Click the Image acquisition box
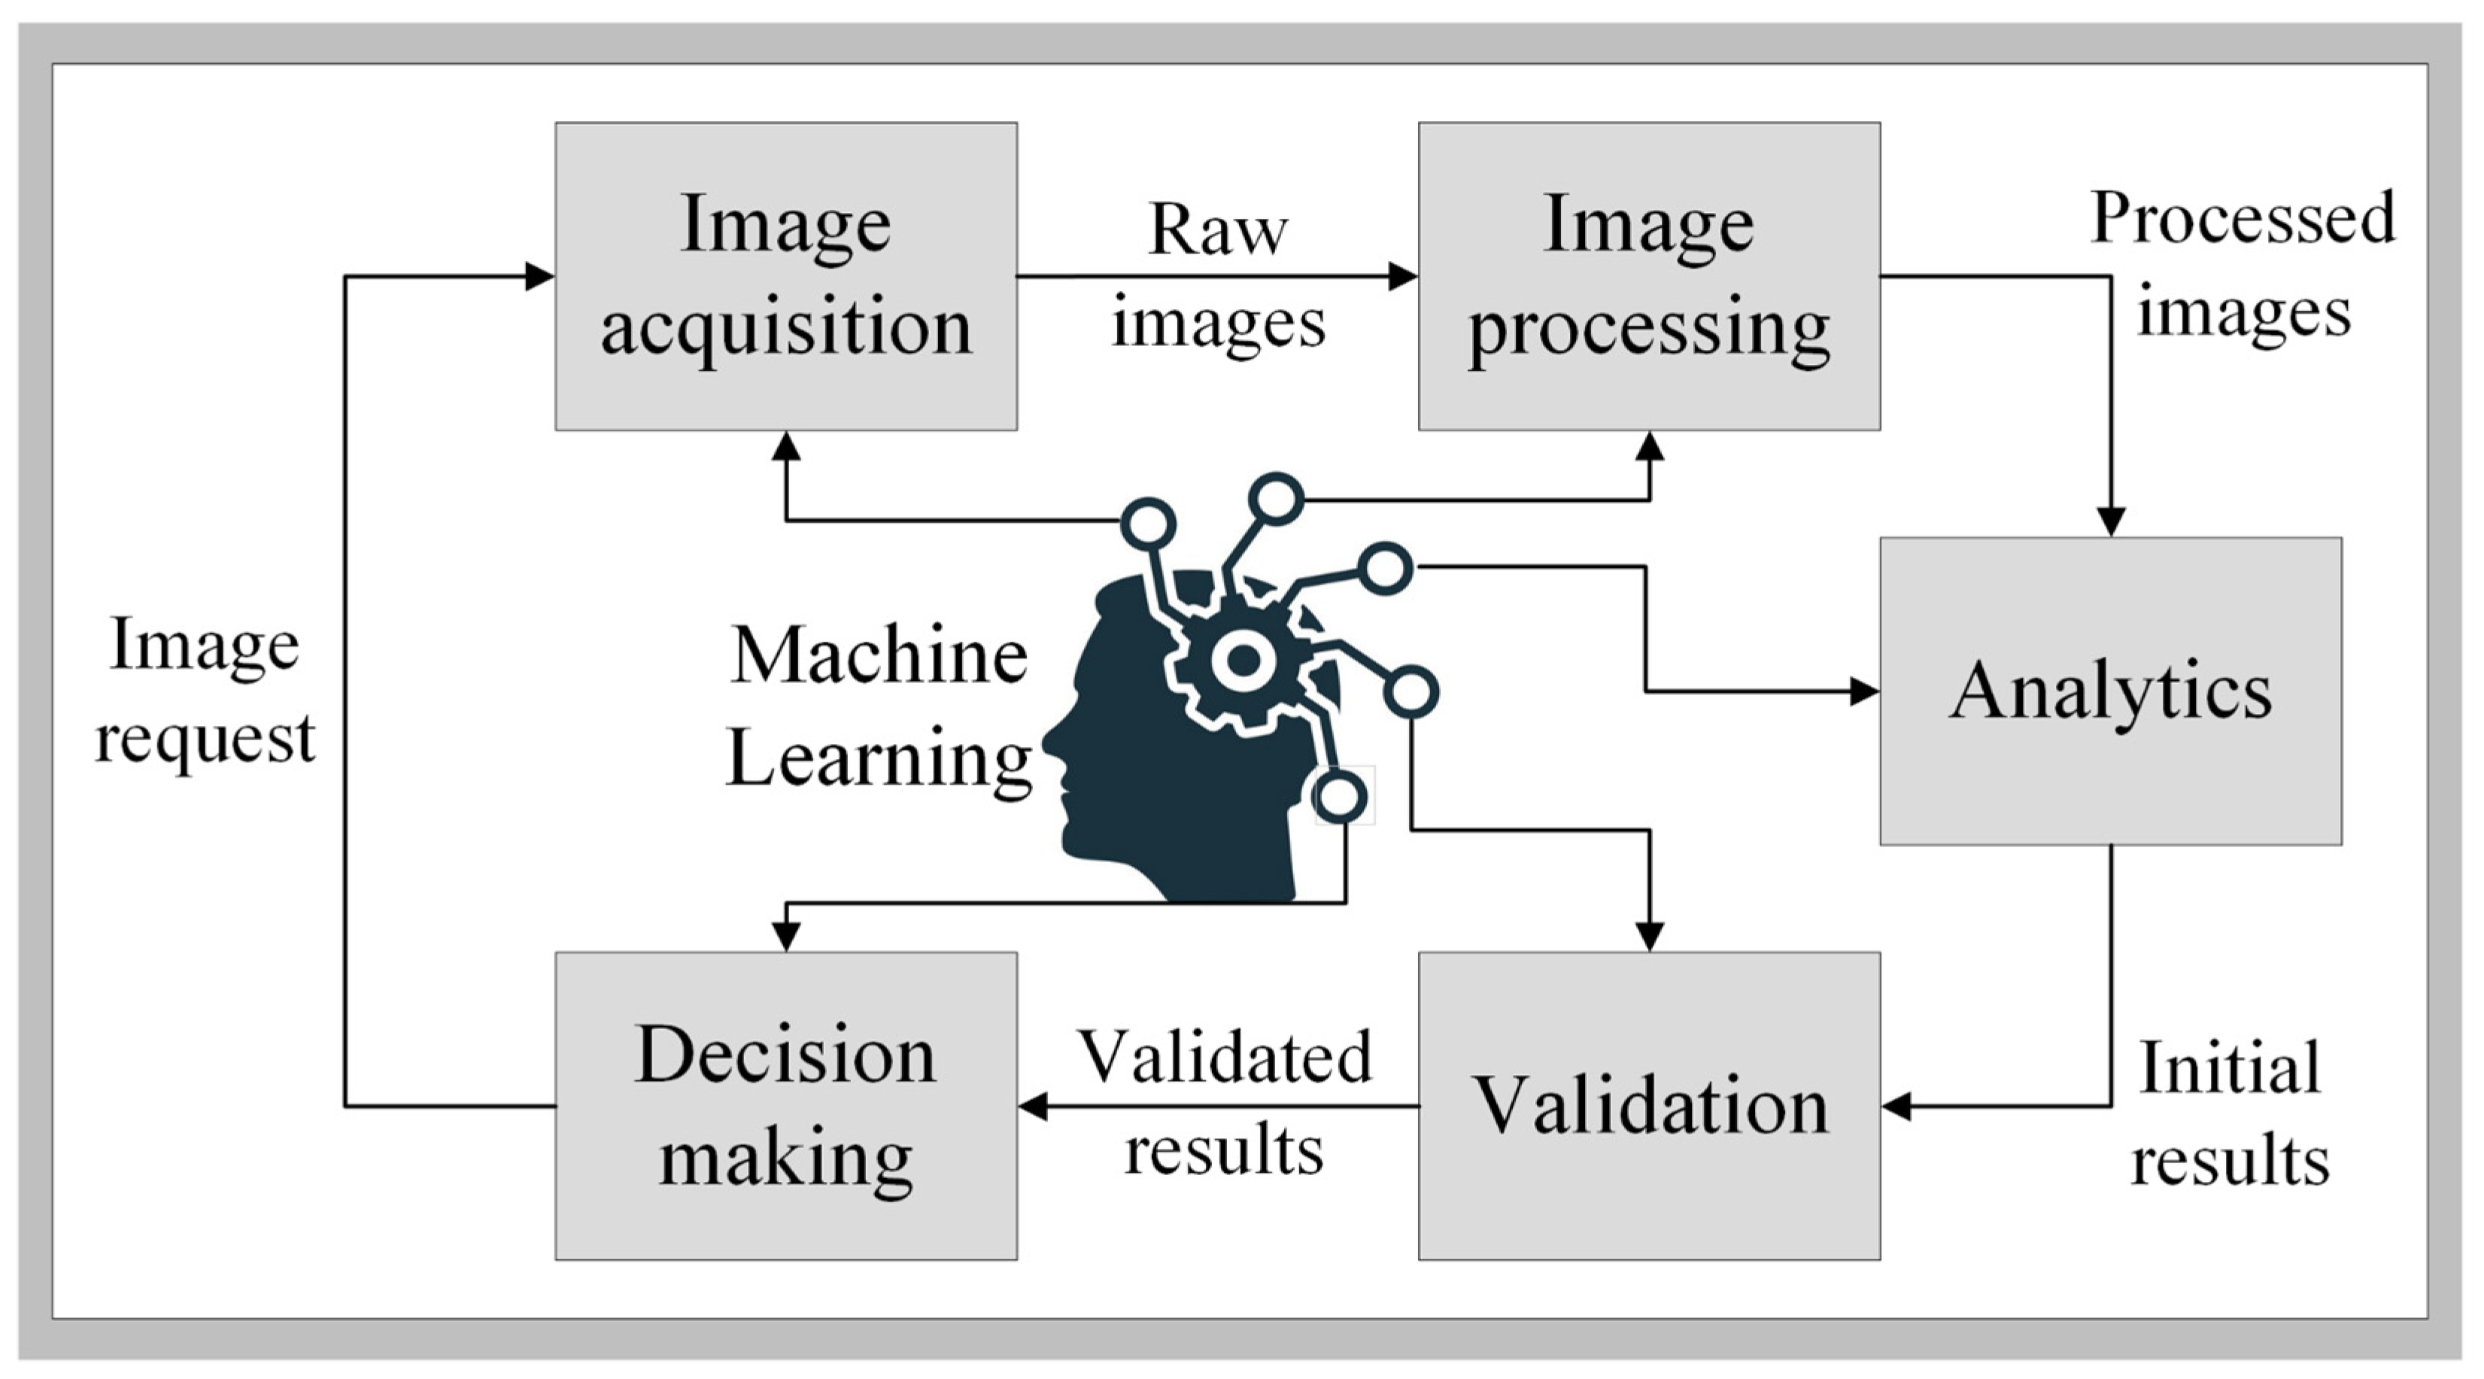pos(786,276)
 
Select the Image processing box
pos(1649,276)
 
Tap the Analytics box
pos(2111,691)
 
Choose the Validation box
pos(1649,1106)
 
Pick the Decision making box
pos(786,1106)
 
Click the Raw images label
pos(1218,276)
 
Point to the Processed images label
pos(2243,265)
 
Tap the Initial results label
pos(2230,1113)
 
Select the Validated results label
pos(1224,1102)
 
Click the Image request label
pos(205,691)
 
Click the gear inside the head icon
pos(1243,661)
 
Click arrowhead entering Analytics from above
pos(2111,521)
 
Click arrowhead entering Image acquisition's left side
pos(539,277)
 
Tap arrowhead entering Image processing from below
pos(1650,445)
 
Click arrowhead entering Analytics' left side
pos(1864,691)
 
